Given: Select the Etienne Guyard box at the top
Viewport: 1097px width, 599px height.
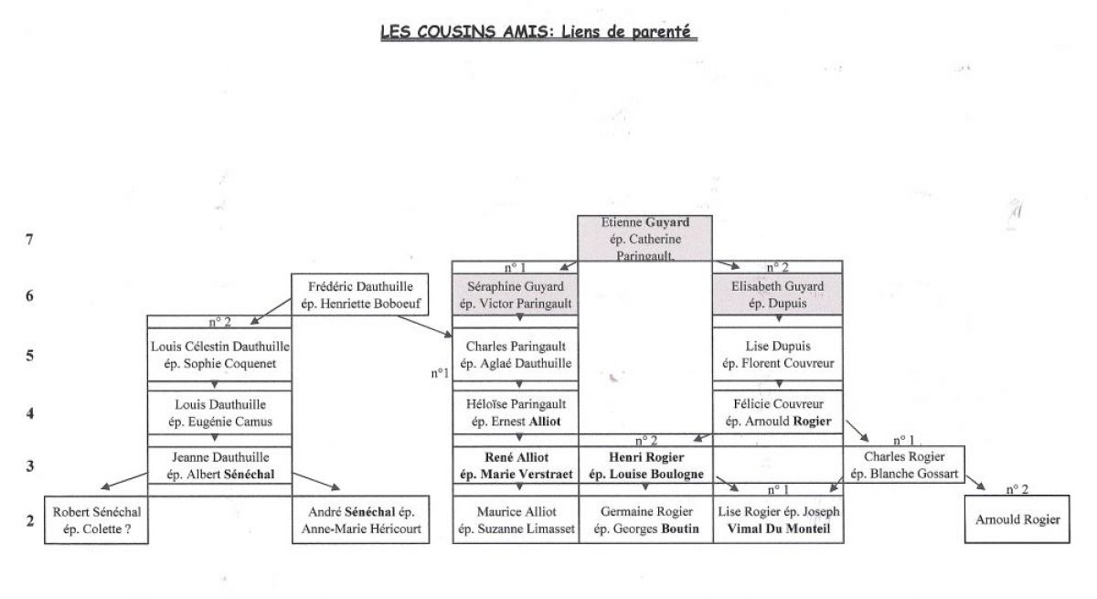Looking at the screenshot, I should pos(644,238).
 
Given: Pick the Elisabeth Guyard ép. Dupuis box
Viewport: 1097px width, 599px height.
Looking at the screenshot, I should pos(778,294).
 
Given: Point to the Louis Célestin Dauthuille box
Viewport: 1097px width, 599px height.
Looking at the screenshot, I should pos(219,355).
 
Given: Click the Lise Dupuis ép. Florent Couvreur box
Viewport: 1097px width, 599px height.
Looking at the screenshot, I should pos(778,355).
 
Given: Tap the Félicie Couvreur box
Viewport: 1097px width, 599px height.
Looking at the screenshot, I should pos(778,412).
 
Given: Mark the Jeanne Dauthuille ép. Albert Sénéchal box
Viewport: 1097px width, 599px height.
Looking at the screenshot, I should pos(219,465).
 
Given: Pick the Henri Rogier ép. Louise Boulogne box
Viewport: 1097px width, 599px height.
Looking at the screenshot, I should pos(645,465).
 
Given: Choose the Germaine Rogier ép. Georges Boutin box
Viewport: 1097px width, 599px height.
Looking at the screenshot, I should pos(645,519).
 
